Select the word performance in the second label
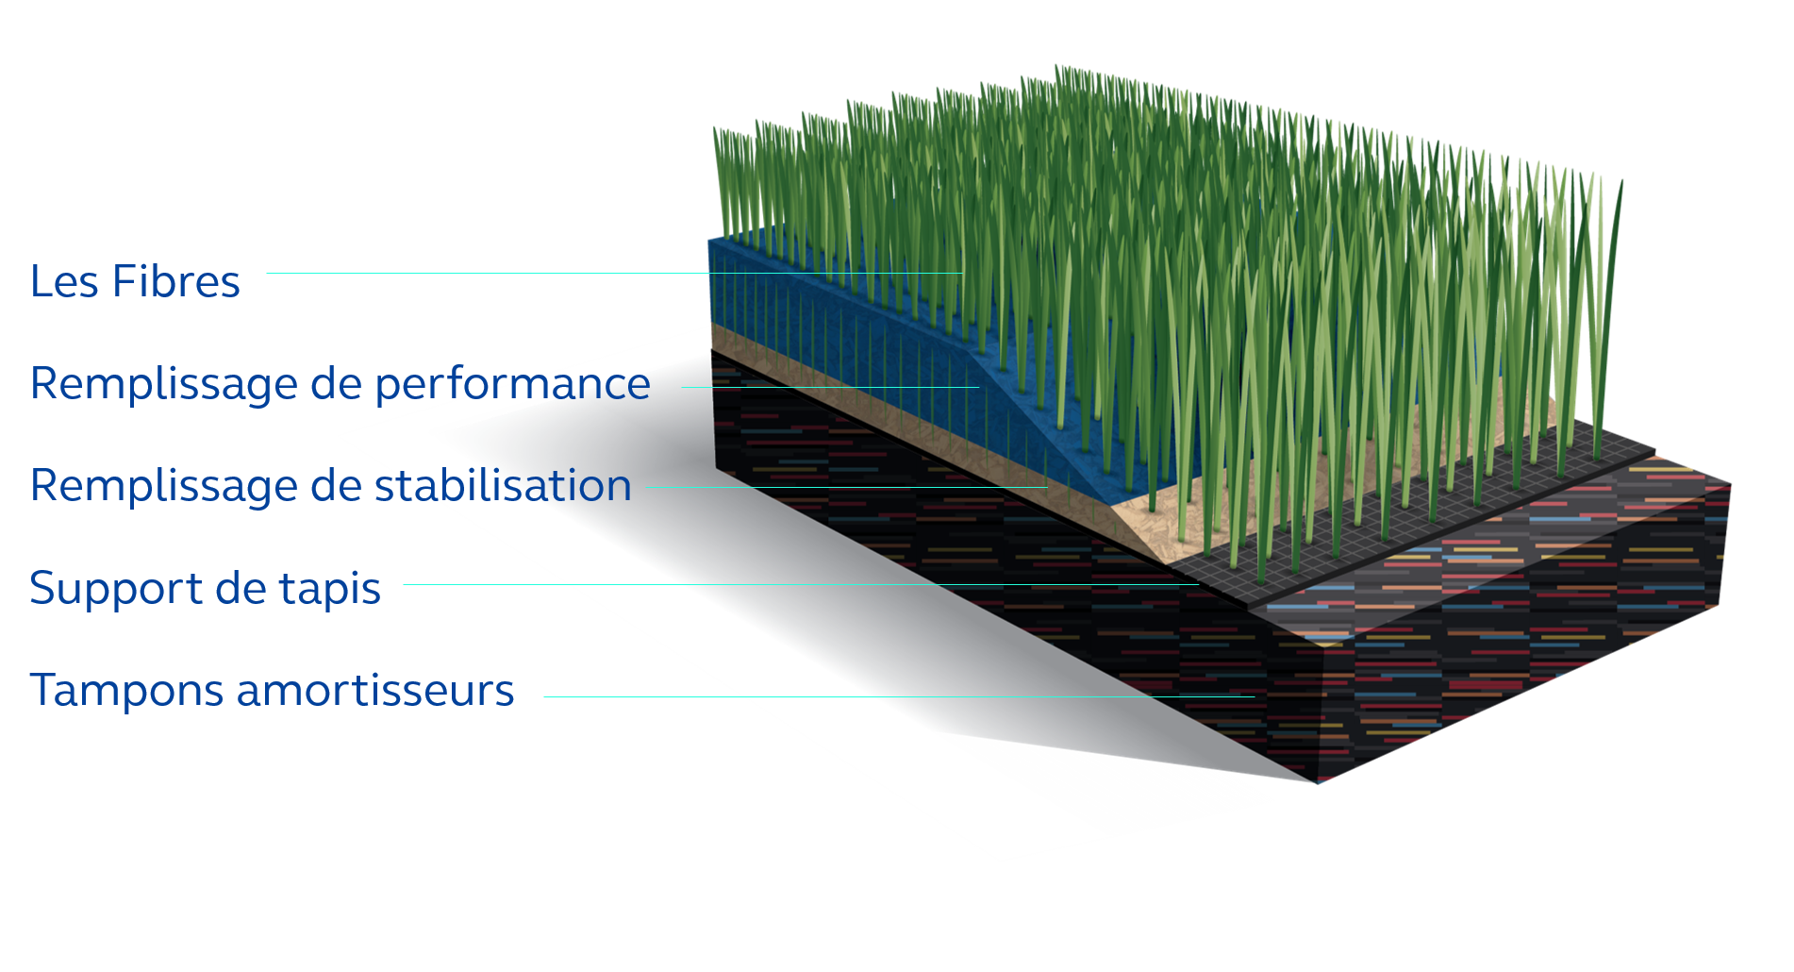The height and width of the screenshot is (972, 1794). tap(512, 385)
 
